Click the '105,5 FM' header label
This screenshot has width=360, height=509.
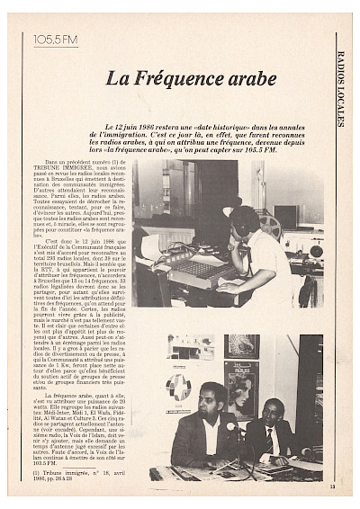pos(55,40)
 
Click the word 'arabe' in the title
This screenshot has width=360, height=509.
pos(244,78)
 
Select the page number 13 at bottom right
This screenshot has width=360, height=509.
pos(332,487)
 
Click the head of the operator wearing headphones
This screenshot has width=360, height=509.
pos(243,222)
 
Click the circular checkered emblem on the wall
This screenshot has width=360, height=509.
pos(178,387)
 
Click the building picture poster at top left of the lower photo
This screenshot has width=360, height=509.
pos(192,346)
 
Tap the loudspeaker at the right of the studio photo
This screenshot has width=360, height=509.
pos(316,244)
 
